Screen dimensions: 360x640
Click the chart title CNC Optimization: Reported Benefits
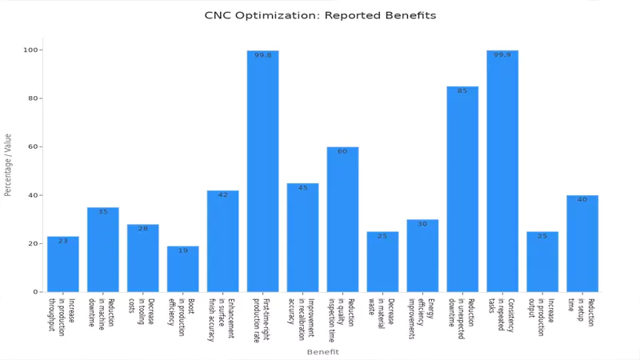point(320,15)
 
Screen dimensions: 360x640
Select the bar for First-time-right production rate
point(262,171)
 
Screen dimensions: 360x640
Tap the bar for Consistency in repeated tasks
point(502,171)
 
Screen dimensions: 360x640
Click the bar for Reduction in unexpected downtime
point(462,189)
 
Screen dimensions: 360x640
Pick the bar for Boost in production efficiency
point(182,269)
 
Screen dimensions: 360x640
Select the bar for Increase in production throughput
point(63,264)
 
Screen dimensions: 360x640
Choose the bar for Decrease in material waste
point(382,262)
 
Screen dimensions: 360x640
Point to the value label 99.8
point(262,55)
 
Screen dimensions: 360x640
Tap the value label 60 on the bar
point(342,151)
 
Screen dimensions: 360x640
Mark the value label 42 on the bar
point(222,194)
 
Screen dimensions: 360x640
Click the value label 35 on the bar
point(103,212)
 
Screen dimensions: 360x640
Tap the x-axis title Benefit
point(322,352)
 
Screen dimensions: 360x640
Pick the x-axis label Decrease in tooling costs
point(142,316)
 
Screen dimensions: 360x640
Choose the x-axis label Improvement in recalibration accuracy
point(302,320)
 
